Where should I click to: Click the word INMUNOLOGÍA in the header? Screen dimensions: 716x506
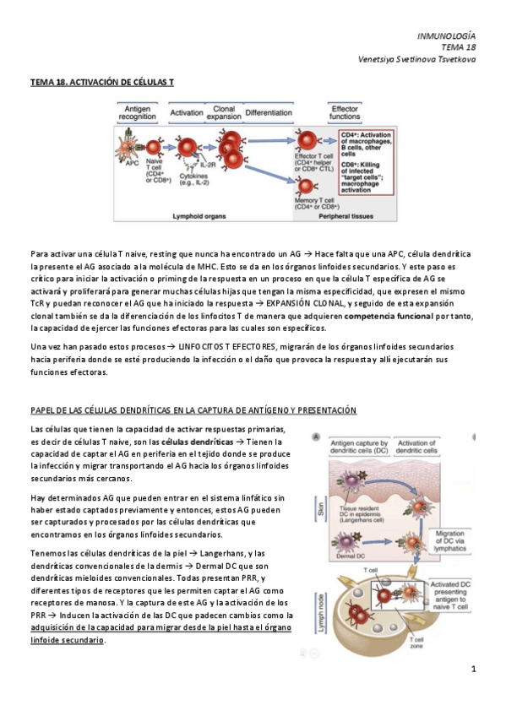pos(447,36)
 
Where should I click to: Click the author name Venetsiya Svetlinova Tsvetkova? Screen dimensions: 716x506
pos(416,60)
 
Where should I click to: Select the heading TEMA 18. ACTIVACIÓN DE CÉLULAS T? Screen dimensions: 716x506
pos(102,83)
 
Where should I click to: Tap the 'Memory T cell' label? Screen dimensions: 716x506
pos(316,201)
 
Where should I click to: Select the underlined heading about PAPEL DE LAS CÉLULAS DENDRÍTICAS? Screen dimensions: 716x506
pos(193,410)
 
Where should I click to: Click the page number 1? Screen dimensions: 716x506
pos(474,670)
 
